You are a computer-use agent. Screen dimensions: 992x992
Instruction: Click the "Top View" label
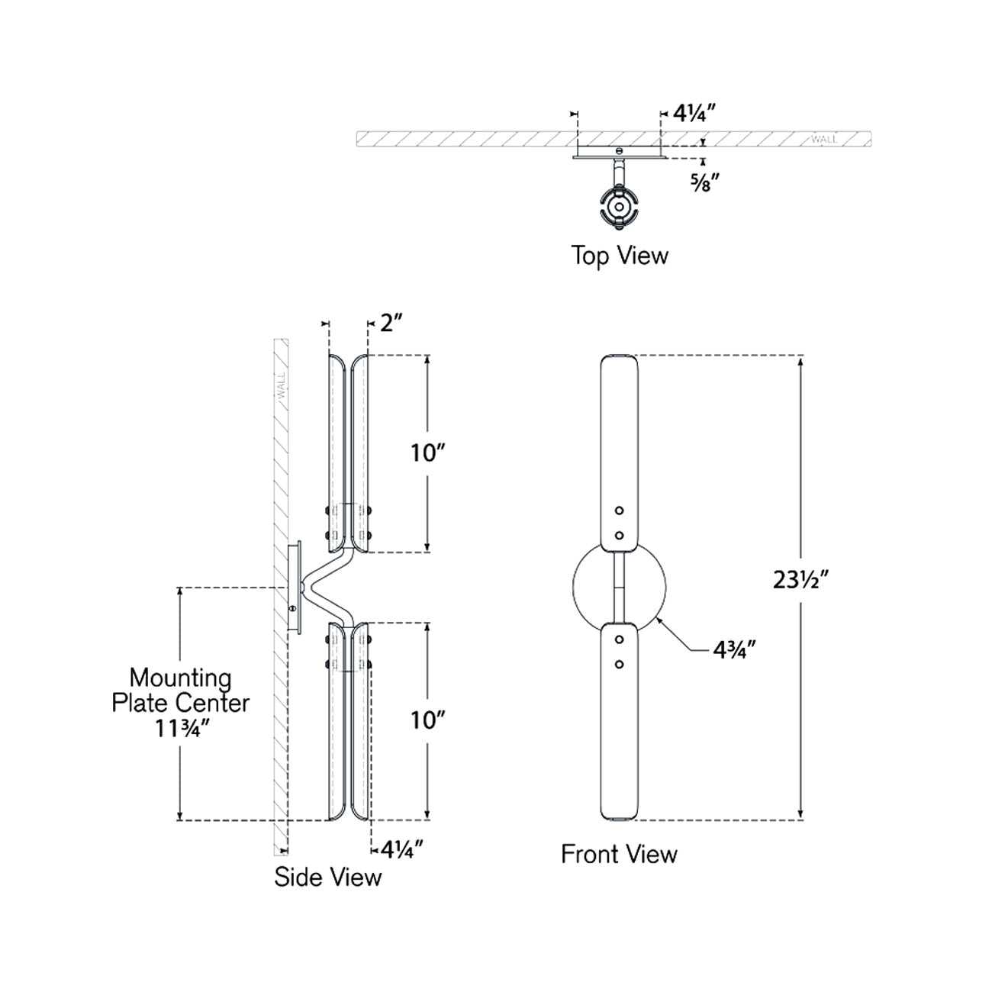tap(619, 256)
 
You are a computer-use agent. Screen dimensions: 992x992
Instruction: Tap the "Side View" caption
tap(327, 877)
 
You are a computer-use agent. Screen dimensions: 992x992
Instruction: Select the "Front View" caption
tap(619, 854)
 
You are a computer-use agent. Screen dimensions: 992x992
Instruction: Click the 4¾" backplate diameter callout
tap(735, 650)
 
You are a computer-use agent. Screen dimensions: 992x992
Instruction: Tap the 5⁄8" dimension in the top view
tap(705, 182)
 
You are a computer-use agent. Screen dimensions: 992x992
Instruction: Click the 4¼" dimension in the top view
tap(693, 114)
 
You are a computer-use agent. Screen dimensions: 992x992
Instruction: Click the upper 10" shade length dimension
tap(427, 453)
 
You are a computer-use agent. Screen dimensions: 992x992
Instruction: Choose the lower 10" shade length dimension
tap(427, 720)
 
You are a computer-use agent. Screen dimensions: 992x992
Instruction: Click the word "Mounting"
tap(180, 678)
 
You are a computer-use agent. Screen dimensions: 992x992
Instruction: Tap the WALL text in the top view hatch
tap(824, 140)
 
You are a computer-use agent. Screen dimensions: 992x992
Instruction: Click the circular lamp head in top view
tap(620, 205)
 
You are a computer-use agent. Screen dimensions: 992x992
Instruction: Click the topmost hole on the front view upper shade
tap(620, 510)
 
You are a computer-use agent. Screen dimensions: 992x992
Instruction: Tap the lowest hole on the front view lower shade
tap(620, 665)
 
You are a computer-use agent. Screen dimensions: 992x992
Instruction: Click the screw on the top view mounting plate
tap(620, 150)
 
